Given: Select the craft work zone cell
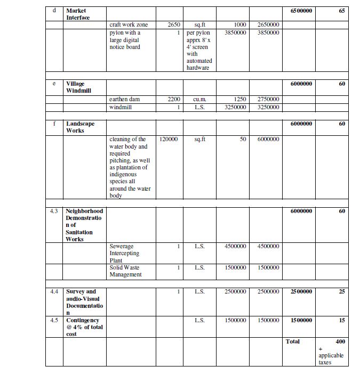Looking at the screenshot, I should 129,25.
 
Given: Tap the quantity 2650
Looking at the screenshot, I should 174,25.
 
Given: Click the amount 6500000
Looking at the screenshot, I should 301,11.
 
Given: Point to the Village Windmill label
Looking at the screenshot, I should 78,87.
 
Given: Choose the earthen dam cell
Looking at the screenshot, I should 124,99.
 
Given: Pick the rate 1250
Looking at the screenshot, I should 240,99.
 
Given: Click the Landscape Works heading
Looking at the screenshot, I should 80,127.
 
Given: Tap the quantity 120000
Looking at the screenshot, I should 169,139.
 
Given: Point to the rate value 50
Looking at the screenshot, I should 243,139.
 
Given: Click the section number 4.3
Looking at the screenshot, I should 54,211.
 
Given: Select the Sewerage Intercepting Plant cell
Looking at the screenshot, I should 124,253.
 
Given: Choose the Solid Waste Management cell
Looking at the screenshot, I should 125,271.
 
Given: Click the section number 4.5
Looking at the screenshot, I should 54,320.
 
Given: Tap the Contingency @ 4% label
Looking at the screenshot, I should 84,327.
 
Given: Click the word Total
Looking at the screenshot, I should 293,341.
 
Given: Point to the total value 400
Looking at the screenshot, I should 340,341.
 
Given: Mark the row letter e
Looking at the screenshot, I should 54,84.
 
